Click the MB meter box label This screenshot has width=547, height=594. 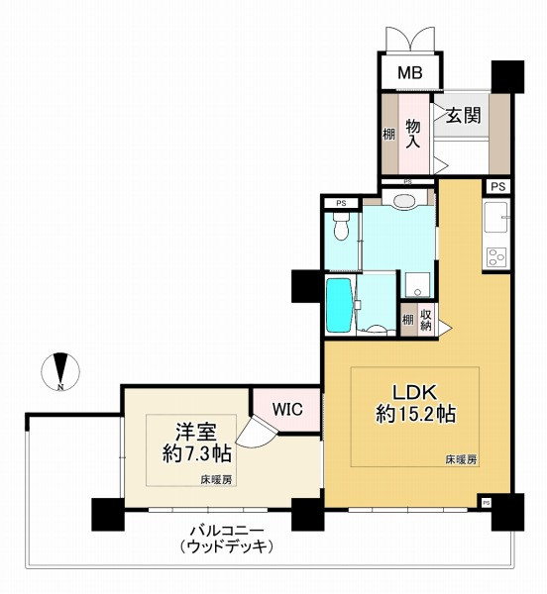(x=410, y=72)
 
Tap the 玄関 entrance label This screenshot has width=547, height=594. (x=463, y=115)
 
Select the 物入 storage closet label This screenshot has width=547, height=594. (x=413, y=134)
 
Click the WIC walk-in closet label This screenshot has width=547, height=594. (x=287, y=409)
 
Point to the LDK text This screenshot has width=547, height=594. (x=414, y=392)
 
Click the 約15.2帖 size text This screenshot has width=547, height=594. (x=415, y=414)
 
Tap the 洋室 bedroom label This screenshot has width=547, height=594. (x=196, y=433)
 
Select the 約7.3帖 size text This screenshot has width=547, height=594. (x=197, y=453)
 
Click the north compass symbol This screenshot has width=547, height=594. (x=60, y=371)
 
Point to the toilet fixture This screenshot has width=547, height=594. (x=341, y=226)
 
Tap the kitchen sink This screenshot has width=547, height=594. (x=495, y=217)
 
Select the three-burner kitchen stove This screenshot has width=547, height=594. (x=496, y=256)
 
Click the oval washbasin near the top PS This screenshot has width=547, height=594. (x=405, y=200)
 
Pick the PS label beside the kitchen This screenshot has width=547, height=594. (x=498, y=187)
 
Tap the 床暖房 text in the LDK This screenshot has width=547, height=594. (x=461, y=460)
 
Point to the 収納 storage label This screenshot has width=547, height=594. (x=426, y=320)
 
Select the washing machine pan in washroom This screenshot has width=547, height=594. (x=417, y=284)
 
